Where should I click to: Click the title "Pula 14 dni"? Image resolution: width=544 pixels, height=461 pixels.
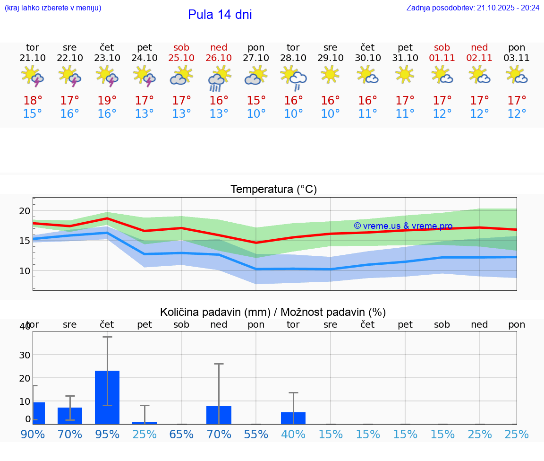tap(220, 15)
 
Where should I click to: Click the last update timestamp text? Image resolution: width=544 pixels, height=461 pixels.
tap(473, 8)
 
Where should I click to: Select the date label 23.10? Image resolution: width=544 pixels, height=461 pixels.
tap(107, 58)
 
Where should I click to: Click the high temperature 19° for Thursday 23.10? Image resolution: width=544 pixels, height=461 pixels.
tap(107, 101)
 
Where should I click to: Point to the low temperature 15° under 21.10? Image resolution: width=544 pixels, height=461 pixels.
tap(33, 114)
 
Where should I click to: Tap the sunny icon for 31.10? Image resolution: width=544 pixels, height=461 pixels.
tap(405, 75)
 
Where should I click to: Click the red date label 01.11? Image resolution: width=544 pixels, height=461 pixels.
tap(442, 58)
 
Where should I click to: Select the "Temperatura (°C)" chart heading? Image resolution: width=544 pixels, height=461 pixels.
tap(273, 190)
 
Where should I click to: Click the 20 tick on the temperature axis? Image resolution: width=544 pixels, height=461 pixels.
tap(25, 211)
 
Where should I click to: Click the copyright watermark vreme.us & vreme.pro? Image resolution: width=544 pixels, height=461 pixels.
tap(403, 226)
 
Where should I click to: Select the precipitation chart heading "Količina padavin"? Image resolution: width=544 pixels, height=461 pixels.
tap(272, 312)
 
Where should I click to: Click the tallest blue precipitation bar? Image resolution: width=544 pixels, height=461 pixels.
tap(107, 397)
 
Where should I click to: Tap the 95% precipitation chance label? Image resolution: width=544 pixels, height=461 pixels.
tap(107, 435)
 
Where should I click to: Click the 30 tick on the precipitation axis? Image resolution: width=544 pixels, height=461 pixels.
tap(25, 355)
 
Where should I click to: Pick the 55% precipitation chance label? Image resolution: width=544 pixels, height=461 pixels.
tap(256, 435)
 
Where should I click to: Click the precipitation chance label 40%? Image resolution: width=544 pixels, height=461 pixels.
tap(293, 435)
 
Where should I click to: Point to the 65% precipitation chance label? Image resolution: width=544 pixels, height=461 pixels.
tap(181, 435)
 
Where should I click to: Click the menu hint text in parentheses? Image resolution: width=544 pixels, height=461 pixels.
tap(53, 8)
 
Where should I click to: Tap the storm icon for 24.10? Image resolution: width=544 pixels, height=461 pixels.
tap(144, 76)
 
